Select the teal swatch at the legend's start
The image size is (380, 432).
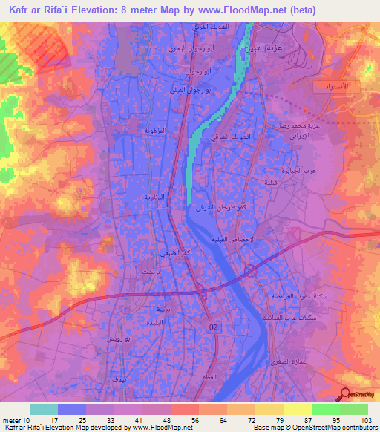(x=44, y=409)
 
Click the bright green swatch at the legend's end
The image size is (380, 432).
(x=353, y=409)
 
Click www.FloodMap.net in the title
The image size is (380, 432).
(x=249, y=10)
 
